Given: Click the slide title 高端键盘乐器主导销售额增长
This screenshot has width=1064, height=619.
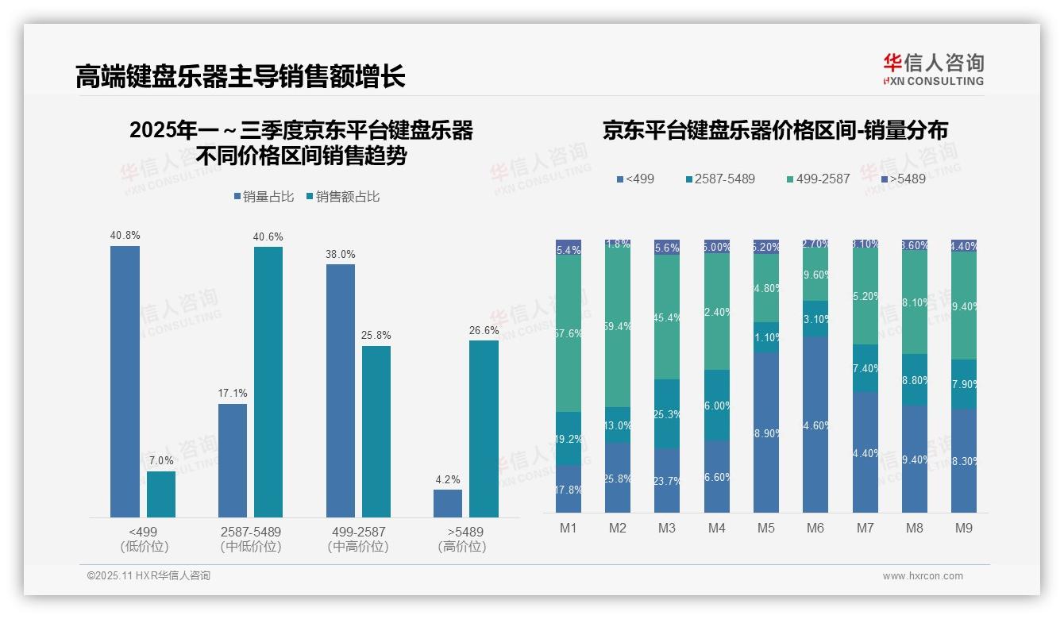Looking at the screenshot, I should click(240, 76).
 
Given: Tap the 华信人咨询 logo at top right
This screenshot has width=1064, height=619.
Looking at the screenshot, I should click(933, 69).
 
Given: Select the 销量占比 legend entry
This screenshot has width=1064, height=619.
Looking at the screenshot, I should click(263, 196).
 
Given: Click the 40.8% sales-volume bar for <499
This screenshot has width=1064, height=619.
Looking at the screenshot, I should click(125, 381).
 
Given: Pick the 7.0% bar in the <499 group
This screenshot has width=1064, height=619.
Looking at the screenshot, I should click(161, 494).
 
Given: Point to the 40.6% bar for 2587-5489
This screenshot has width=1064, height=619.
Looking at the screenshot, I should click(268, 381).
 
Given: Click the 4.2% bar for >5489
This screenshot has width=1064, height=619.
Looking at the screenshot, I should click(448, 503).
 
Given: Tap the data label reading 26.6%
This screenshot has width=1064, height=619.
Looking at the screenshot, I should click(484, 330).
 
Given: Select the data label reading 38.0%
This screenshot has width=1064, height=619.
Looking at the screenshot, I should click(341, 254).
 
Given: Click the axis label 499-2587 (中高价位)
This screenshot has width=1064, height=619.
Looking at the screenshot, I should click(357, 539).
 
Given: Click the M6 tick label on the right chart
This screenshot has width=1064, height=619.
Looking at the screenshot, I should click(815, 528).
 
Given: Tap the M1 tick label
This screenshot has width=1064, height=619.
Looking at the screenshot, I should click(569, 528).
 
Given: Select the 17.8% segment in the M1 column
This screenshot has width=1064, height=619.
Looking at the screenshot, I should click(569, 489).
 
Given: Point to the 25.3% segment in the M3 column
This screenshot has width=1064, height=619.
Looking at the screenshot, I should click(667, 413).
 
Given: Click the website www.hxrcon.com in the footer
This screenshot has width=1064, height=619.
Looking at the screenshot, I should click(922, 576).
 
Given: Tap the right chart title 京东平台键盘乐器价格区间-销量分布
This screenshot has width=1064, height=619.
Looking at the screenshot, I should click(775, 131).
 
